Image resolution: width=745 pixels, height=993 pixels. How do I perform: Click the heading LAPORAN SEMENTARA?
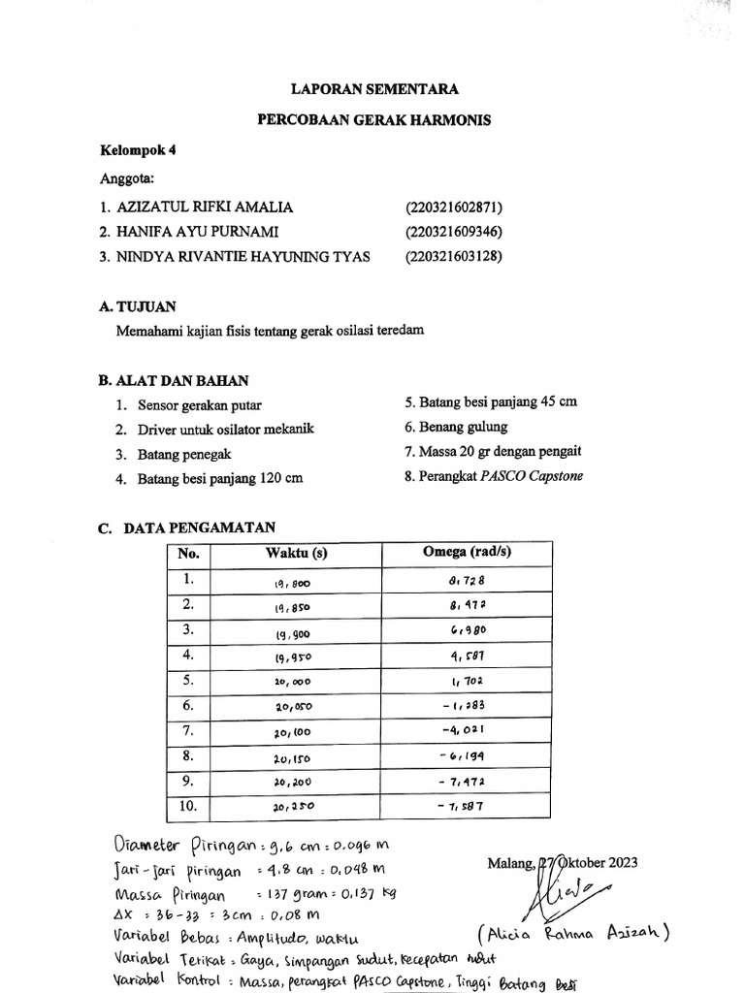[375, 89]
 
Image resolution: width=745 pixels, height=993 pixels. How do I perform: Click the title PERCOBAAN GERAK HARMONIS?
[374, 120]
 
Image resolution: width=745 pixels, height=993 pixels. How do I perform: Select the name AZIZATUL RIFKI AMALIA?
[205, 208]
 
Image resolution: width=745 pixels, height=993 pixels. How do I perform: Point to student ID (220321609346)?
[454, 232]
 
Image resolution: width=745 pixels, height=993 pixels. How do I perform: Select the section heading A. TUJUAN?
[138, 306]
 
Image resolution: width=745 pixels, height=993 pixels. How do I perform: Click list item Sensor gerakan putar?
[199, 405]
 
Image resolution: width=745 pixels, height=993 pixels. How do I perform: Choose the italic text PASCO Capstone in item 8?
[537, 476]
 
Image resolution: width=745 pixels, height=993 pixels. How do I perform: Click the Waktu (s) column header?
[296, 554]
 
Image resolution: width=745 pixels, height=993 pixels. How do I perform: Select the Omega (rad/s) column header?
[467, 553]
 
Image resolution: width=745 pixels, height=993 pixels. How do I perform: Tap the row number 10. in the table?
[188, 806]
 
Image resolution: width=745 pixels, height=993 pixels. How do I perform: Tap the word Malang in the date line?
[510, 862]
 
